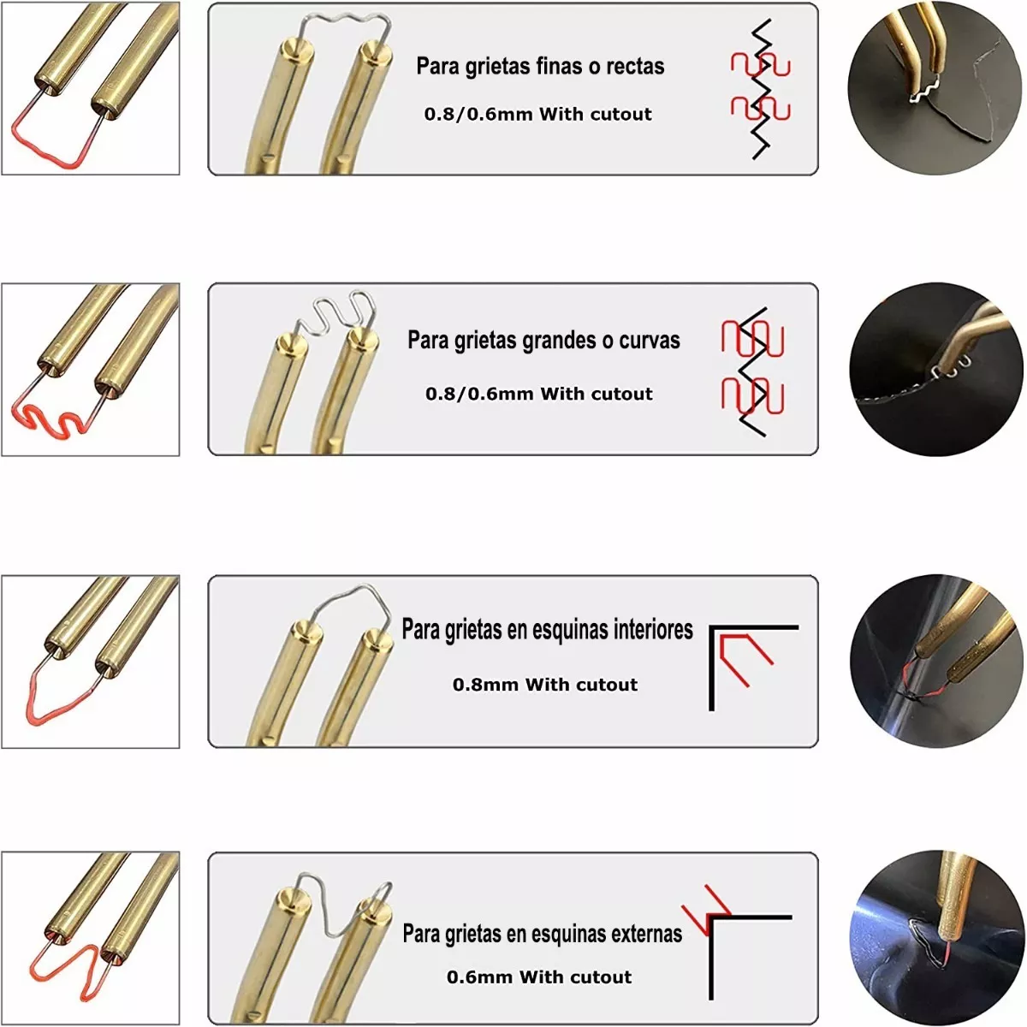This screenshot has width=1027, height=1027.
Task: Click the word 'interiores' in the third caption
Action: (x=653, y=629)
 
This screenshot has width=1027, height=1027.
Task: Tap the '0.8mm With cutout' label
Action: (x=544, y=685)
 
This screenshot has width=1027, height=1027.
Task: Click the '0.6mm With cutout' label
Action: (x=539, y=977)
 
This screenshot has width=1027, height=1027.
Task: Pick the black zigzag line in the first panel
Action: (x=761, y=89)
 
